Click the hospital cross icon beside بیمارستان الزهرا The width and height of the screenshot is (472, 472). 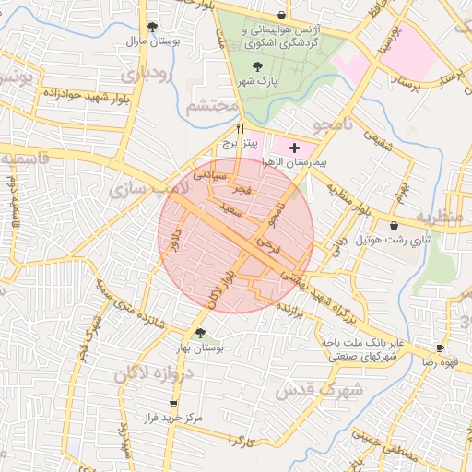[294, 147]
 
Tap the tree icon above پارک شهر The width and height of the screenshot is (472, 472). [257, 65]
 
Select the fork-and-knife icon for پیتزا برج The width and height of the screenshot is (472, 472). [241, 129]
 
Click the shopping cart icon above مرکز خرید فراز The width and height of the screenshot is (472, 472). [173, 403]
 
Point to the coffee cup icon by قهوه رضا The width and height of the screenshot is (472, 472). [441, 348]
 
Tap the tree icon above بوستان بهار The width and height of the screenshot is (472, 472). [200, 333]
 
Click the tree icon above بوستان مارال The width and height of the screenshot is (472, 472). [152, 28]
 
